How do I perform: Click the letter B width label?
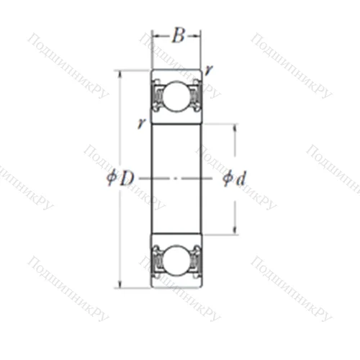pos(177,36)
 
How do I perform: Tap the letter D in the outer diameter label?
pos(126,179)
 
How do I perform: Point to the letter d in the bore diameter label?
pos(240,179)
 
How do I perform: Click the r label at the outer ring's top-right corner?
pos(208,70)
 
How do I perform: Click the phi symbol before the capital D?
pos(112,179)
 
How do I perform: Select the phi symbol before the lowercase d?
pos(227,179)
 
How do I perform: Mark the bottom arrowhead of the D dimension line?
pos(120,284)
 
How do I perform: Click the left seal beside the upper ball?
pos(156,95)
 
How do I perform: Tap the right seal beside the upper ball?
pos(196,95)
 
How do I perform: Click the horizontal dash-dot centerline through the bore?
pos(176,179)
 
